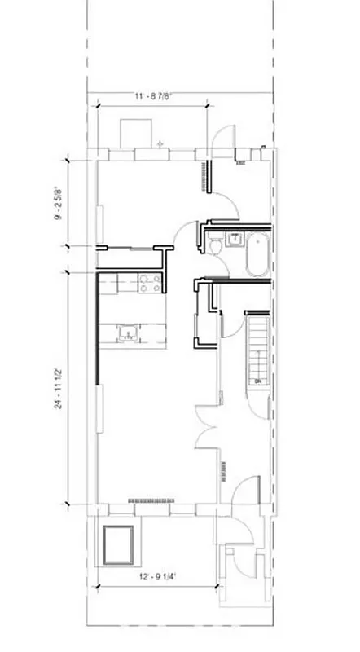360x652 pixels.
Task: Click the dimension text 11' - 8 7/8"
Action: coord(153,97)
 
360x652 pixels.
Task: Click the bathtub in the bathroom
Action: coord(257,253)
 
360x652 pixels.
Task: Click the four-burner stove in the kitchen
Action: coord(148,283)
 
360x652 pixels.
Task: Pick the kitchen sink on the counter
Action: coord(128,331)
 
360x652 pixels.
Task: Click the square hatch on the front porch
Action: coord(119,545)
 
